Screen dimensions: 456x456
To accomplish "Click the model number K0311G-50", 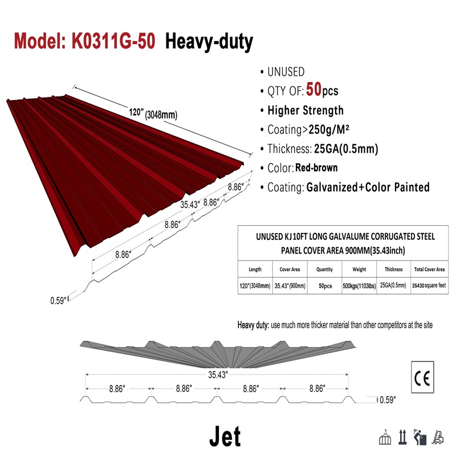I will click(x=112, y=41).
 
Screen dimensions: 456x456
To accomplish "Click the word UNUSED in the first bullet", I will click(x=286, y=72).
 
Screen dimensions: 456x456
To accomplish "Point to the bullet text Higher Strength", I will click(x=306, y=111).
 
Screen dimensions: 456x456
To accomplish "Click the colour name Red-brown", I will click(x=316, y=168).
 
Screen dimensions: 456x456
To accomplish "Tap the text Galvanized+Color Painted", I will click(x=368, y=187).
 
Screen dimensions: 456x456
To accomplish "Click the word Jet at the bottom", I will click(x=225, y=436).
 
